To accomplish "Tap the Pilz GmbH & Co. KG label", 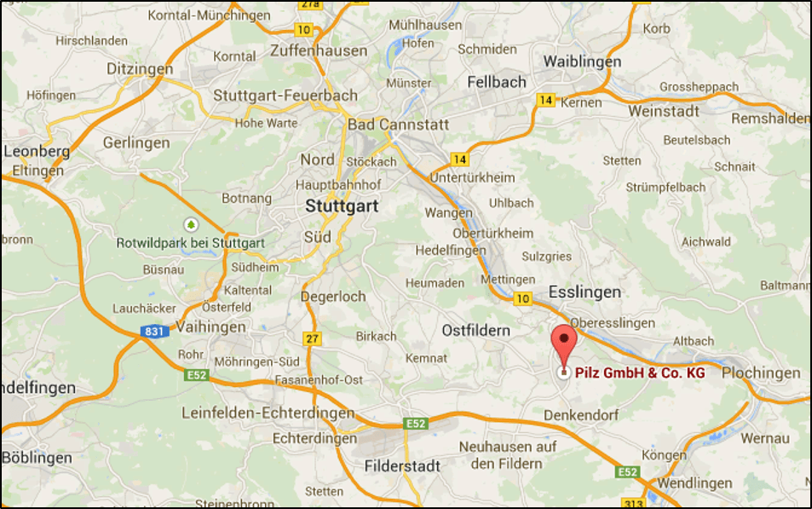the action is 640,373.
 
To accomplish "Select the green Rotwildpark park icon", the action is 191,224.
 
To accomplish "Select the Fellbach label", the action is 497,82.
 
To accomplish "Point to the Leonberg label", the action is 37,151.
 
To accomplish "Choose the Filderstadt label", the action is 402,466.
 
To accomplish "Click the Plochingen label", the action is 761,373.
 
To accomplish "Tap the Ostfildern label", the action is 475,330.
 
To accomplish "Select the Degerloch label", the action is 333,297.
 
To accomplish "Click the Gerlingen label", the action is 136,142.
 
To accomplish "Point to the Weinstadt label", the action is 664,111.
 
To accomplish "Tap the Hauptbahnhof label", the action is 337,184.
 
